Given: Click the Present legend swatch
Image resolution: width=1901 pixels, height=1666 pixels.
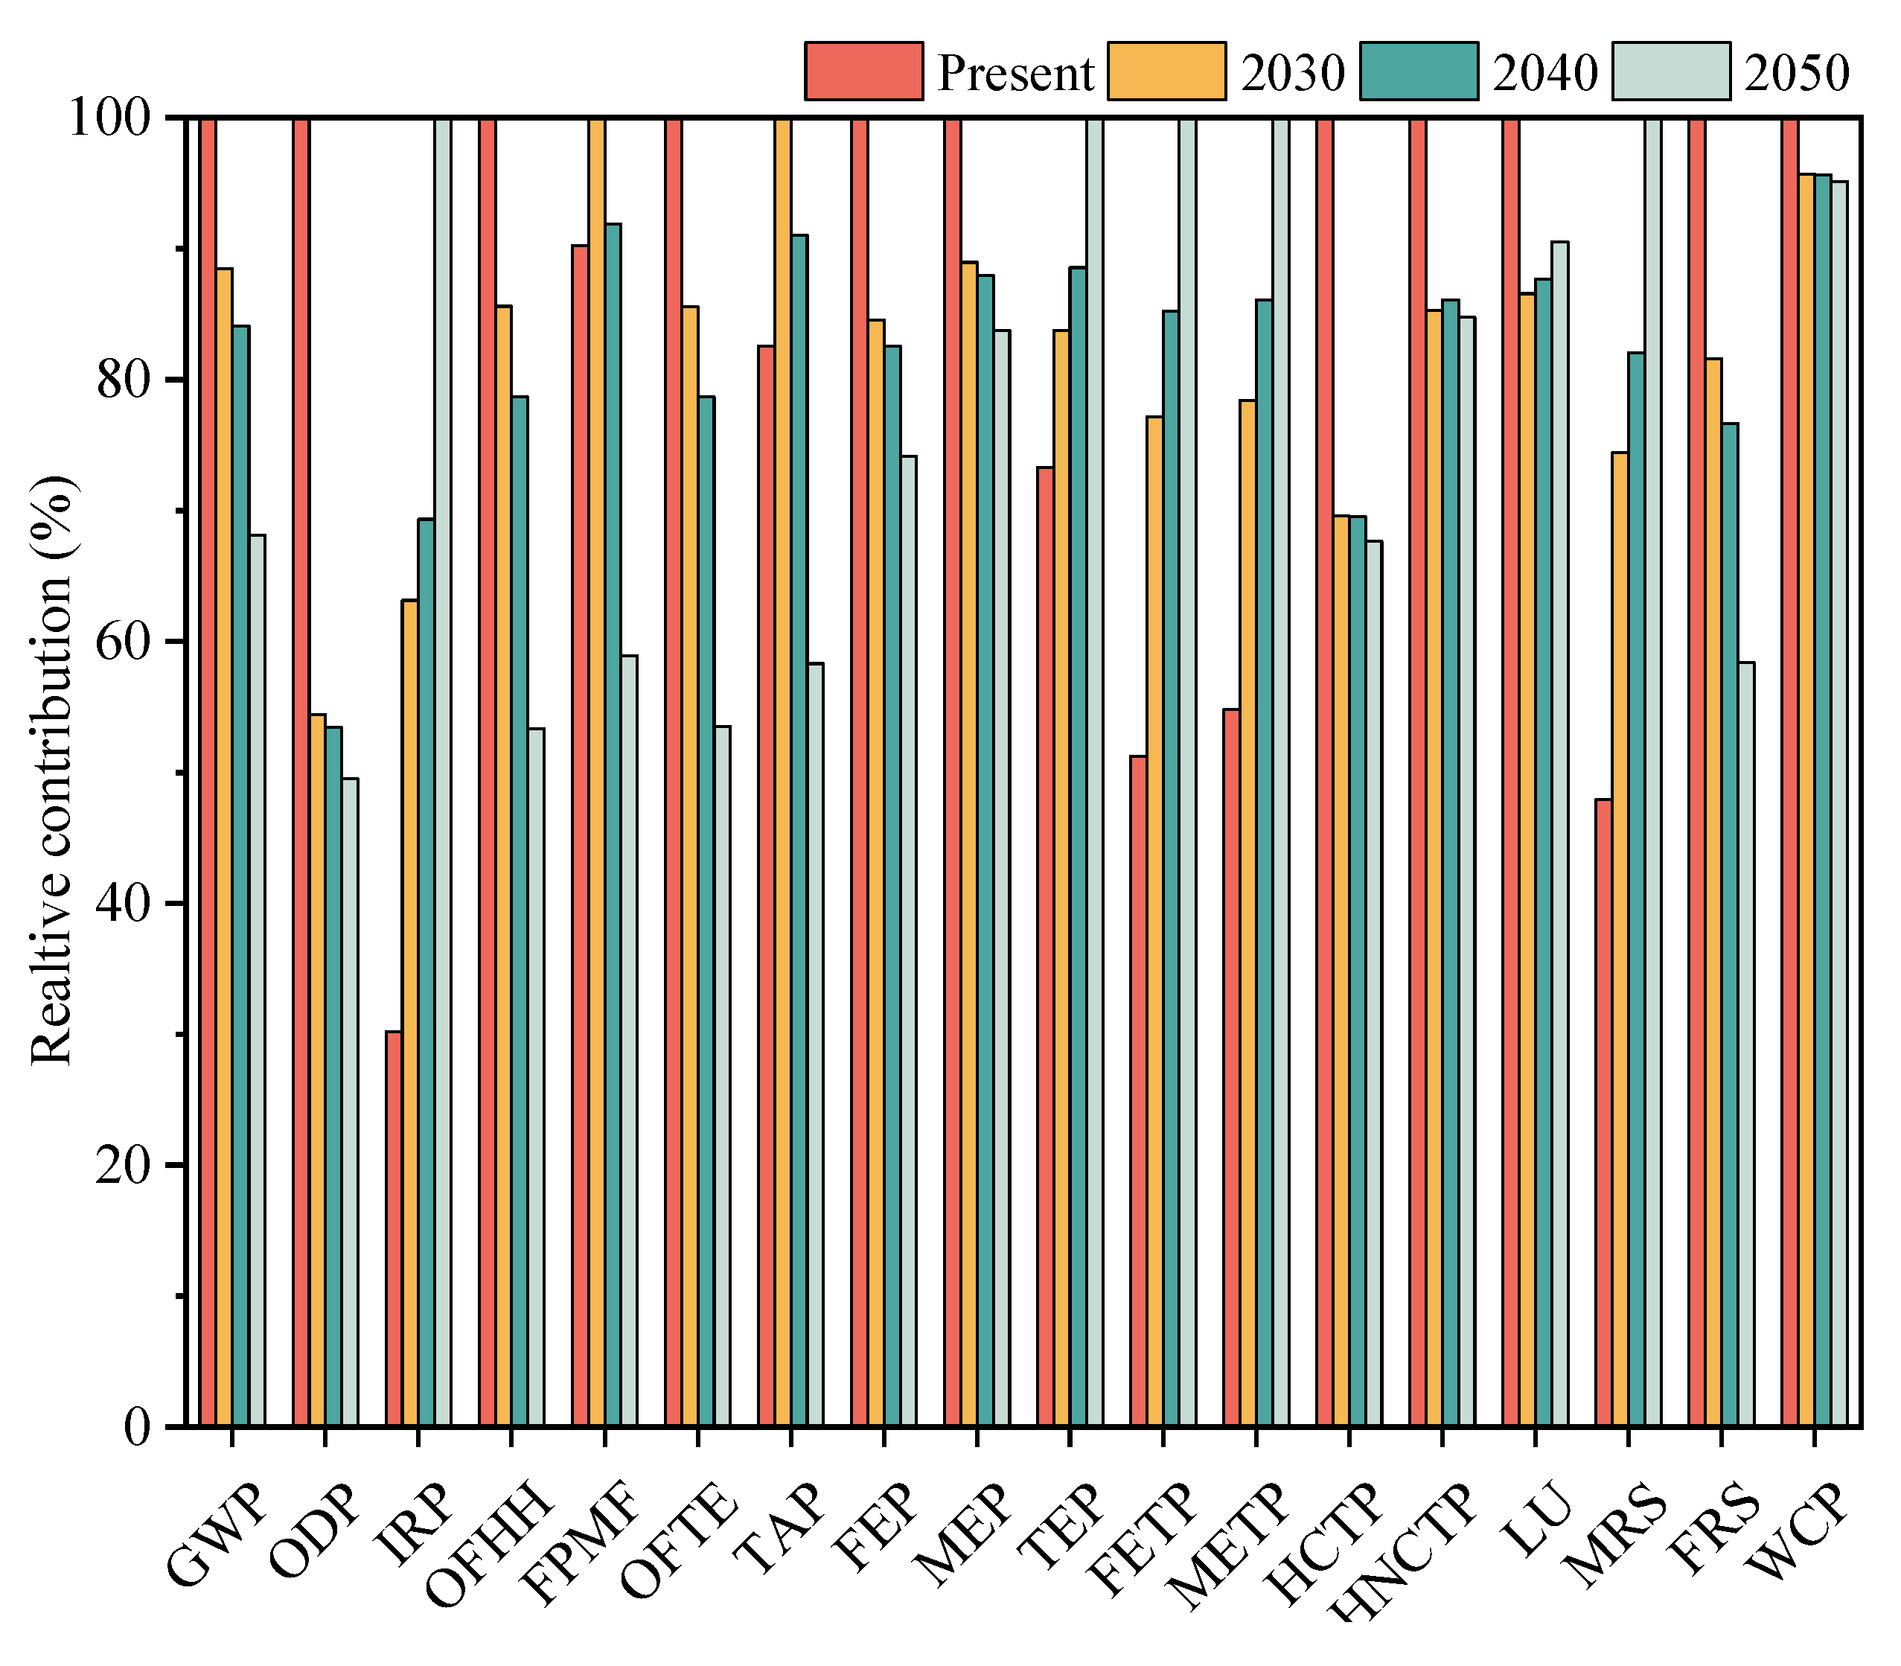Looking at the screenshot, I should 863,71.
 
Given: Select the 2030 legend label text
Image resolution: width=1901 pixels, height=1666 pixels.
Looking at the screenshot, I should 1291,72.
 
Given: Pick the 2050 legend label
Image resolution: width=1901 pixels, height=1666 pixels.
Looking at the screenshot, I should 1796,72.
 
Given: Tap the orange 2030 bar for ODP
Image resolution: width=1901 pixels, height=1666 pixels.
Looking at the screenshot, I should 317,1069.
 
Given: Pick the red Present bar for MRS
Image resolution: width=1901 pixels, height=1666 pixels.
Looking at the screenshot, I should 1603,1111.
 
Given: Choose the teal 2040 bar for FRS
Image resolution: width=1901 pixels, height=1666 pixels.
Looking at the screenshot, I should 1729,925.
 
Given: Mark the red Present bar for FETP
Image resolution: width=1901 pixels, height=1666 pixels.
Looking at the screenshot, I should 1138,1090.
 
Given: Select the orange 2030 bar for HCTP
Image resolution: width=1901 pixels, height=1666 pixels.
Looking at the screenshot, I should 1341,971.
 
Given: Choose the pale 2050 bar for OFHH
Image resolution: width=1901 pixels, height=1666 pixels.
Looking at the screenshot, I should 535,1076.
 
